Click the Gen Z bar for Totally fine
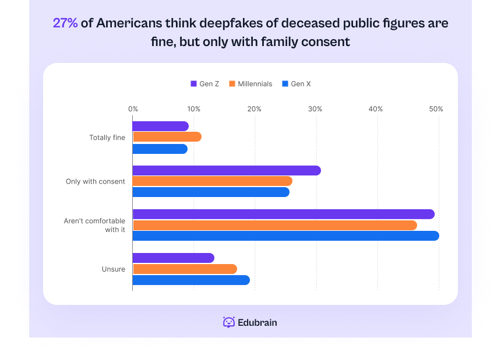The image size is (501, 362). pos(160,126)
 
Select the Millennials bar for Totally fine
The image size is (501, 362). pos(167,137)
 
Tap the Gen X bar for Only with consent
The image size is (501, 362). pos(211,192)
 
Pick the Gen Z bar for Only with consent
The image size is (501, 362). pos(227,170)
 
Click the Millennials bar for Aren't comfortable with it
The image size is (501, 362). pos(275,225)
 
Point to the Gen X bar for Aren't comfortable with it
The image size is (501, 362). pos(285,236)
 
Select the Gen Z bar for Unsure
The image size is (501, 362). pos(174,258)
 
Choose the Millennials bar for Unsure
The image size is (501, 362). pos(185,269)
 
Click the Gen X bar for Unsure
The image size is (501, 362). pos(191,280)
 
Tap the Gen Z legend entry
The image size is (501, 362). pos(205,84)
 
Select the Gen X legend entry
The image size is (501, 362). pos(296,84)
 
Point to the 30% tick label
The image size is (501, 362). pos(315,109)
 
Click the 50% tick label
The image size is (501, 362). pos(436,109)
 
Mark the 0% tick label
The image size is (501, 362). pos(133,109)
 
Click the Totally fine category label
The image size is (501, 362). pos(107,138)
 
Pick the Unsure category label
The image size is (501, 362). pos(114,269)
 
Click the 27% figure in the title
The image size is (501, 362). pos(65,23)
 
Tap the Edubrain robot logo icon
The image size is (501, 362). pos(229,322)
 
